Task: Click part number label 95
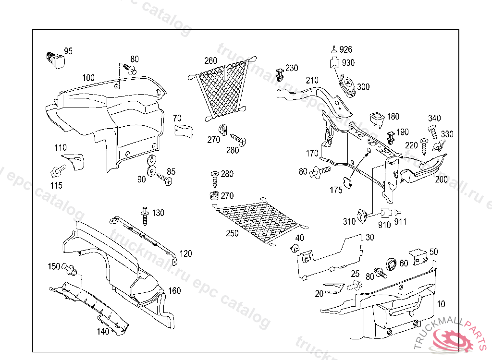pyautogui.click(x=68, y=51)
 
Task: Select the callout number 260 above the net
pyautogui.click(x=210, y=61)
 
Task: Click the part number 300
pyautogui.click(x=363, y=87)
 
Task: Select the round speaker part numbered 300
pyautogui.click(x=347, y=86)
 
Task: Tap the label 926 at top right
pyautogui.click(x=346, y=49)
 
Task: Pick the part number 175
pyautogui.click(x=336, y=190)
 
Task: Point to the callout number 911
pyautogui.click(x=400, y=222)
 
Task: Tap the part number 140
pyautogui.click(x=103, y=331)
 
